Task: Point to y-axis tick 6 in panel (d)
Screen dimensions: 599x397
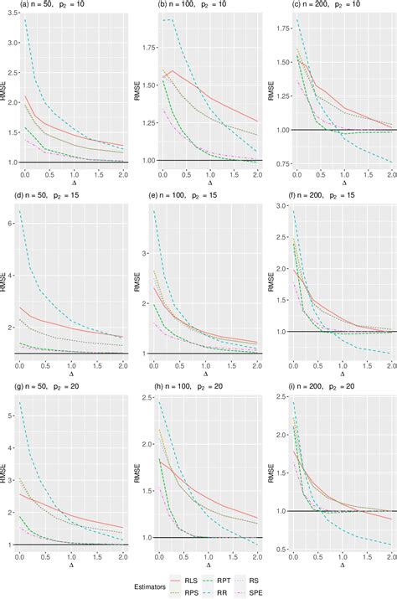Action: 19,223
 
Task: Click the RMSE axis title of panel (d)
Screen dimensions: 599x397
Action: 7,282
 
